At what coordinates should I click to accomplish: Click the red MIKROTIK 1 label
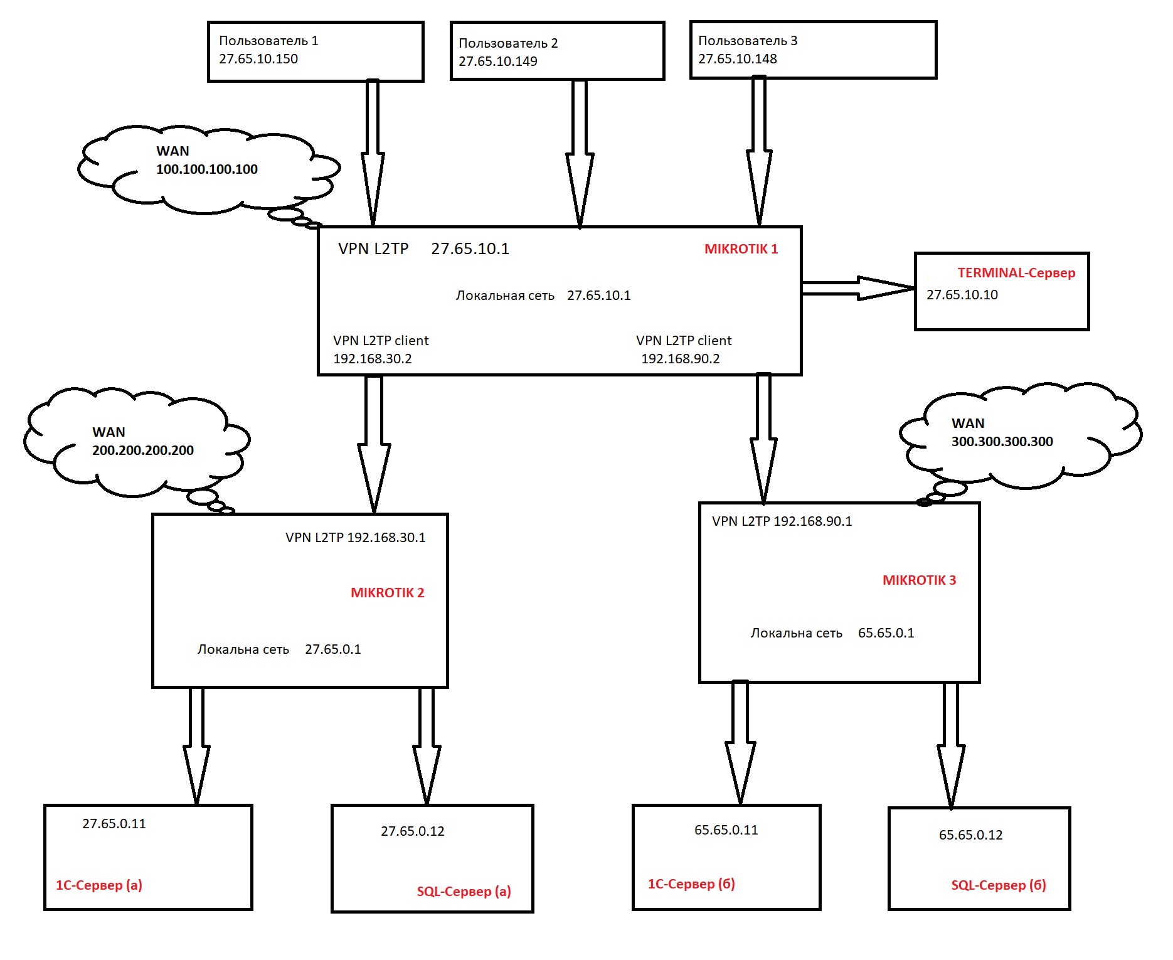pos(741,249)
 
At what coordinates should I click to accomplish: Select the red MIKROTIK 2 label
pos(387,593)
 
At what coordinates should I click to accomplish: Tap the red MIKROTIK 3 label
pos(919,580)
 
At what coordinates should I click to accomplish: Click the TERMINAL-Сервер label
pos(1016,273)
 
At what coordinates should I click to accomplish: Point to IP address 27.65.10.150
pos(258,59)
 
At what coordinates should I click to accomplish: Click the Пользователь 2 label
pos(508,43)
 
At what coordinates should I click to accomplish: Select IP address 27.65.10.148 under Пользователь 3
pos(738,59)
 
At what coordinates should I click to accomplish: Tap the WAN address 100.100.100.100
pos(207,169)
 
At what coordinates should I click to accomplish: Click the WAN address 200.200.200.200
pos(143,451)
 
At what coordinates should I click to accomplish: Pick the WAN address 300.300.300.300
pos(1002,442)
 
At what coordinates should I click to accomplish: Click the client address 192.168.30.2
pos(373,359)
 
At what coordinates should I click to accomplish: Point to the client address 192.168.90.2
pos(681,359)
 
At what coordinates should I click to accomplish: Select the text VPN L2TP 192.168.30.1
pos(356,538)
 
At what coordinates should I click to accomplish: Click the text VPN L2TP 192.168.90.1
pos(782,521)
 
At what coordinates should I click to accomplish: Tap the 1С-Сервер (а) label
pos(99,885)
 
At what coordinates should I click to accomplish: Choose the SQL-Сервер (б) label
pos(999,885)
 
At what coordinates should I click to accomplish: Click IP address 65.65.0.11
pos(726,830)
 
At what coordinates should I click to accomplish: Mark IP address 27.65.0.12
pos(413,831)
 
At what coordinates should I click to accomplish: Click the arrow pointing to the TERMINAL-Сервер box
pos(858,288)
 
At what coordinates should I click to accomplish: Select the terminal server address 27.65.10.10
pos(962,295)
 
